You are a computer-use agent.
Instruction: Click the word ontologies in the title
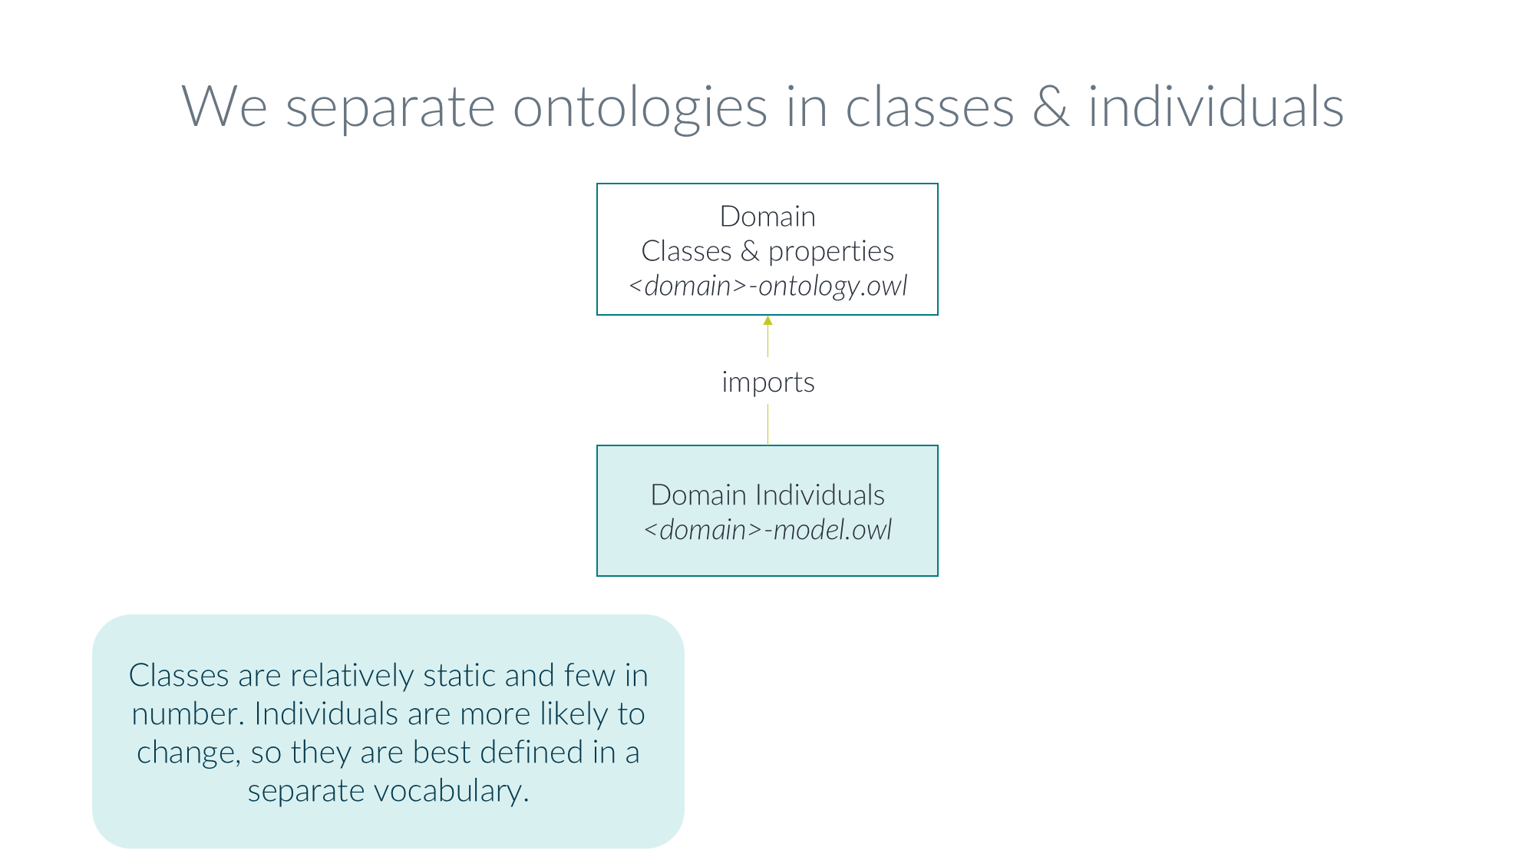coord(639,108)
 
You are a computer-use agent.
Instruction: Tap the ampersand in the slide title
coord(1051,108)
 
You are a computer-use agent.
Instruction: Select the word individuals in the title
coord(1216,108)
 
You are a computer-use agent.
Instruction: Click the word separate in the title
coord(390,108)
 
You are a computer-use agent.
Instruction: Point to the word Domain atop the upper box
coord(767,217)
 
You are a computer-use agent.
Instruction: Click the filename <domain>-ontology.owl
coord(767,286)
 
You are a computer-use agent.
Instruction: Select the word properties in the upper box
coord(830,251)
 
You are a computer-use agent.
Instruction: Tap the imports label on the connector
coord(767,382)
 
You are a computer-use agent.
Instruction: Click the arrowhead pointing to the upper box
coord(767,320)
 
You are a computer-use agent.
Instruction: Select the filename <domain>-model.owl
coord(767,530)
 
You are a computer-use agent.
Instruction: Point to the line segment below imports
coord(767,424)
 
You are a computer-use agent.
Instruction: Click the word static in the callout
coord(459,676)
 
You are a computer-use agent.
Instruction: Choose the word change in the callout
coord(184,753)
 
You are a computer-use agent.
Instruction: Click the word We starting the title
coord(224,108)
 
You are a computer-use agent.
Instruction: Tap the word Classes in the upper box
coord(686,251)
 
